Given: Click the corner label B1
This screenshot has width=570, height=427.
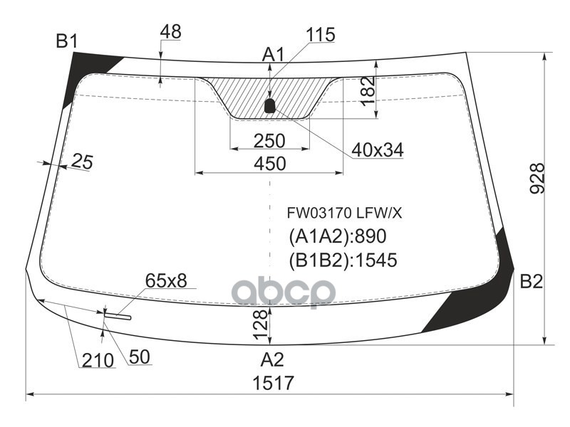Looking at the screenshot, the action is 67,41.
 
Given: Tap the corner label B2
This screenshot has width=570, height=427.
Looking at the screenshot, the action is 531,281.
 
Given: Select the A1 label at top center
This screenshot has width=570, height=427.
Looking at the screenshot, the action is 273,55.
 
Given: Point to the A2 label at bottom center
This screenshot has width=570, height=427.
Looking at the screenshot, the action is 272,359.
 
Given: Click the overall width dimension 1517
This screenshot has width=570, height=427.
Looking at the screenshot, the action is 273,383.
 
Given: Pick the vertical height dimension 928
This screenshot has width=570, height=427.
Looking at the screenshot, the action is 537,179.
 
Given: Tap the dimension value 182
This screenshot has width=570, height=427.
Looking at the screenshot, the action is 368,91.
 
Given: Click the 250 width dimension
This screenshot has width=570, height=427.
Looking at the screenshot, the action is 269,141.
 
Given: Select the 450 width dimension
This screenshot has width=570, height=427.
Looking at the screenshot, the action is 270,164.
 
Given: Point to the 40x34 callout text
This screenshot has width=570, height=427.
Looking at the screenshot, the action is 378,150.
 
